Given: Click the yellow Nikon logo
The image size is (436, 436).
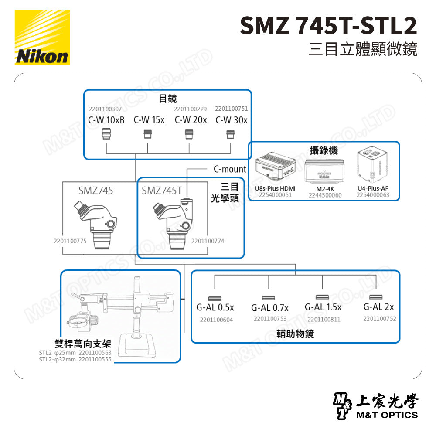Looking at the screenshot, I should tap(42, 37).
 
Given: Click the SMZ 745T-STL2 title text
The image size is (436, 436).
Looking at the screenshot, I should tap(328, 26).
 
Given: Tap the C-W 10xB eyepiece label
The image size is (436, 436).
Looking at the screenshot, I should tap(106, 120).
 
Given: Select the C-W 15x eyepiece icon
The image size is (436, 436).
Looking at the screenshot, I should tap(148, 134).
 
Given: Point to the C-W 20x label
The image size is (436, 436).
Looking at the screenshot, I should tap(191, 120).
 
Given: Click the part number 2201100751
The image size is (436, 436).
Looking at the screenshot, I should tap(231, 109).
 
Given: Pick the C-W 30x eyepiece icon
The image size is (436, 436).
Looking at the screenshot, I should tap(227, 134).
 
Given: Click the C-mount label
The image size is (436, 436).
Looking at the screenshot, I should tap(230, 169).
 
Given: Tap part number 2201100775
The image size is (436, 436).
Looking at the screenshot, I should tap(70, 241).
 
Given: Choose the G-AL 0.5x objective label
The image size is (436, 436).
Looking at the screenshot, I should tap(215, 307).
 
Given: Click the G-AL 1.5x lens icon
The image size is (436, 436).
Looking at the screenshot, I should tap(322, 297).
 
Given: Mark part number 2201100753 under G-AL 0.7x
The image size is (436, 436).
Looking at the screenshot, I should tap(270, 319).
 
